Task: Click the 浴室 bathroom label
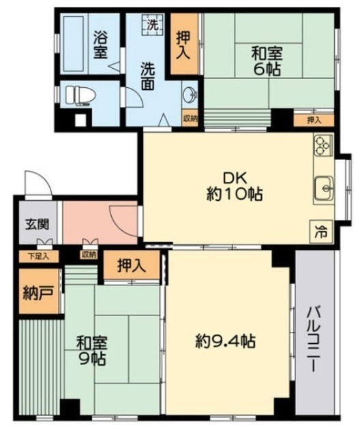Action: (x=100, y=45)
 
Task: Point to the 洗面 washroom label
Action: (x=147, y=75)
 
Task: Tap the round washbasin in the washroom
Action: (x=190, y=95)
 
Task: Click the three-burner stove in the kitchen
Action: (x=322, y=146)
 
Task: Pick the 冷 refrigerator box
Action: (x=320, y=231)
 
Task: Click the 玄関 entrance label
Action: (x=32, y=223)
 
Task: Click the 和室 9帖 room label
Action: (x=91, y=351)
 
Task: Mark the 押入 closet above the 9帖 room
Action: (x=130, y=266)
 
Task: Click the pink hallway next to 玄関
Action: (x=99, y=222)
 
